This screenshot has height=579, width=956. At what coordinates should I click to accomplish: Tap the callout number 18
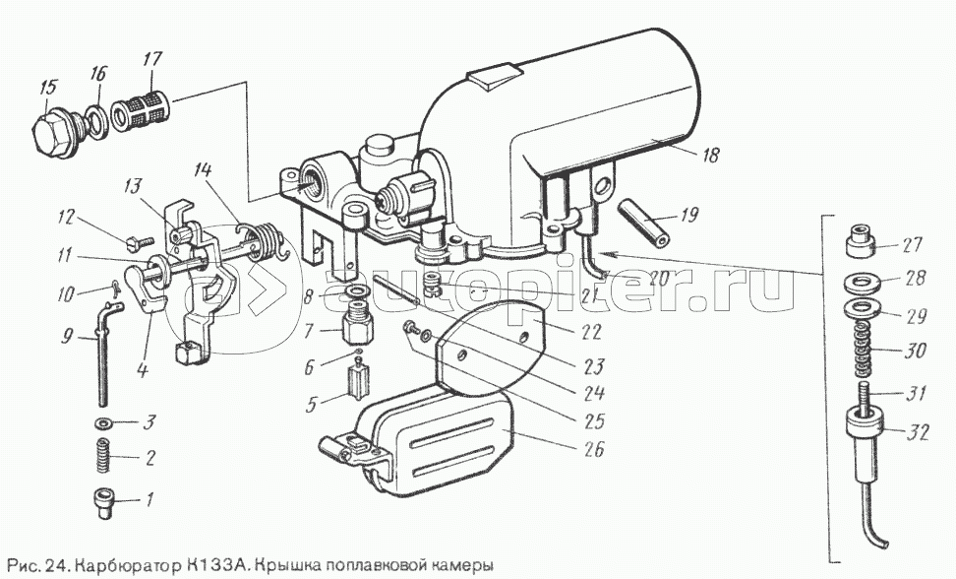tap(709, 155)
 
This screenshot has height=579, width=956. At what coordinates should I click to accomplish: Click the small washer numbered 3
tap(103, 422)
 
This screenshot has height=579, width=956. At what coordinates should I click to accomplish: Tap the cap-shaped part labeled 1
tap(103, 505)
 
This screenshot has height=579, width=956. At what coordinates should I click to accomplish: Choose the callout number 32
tap(916, 433)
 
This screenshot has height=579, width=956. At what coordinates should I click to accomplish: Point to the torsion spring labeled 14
tap(259, 240)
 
